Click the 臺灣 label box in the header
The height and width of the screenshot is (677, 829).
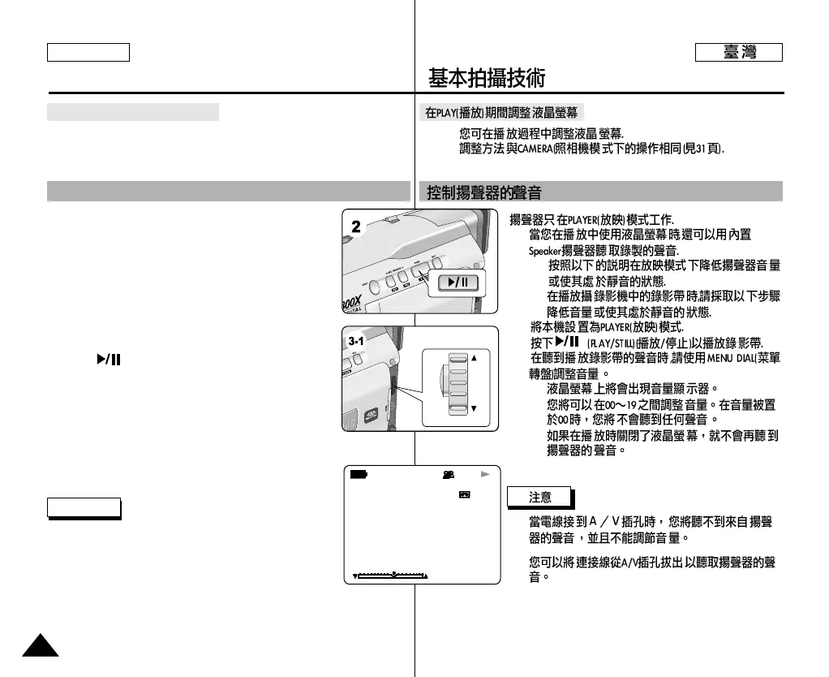739,53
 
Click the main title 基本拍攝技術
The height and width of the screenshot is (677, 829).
487,79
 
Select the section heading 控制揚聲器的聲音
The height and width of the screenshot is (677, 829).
484,193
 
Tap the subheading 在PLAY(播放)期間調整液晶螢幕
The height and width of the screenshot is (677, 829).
503,113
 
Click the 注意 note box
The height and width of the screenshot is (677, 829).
539,497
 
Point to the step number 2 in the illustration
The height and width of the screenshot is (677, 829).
355,228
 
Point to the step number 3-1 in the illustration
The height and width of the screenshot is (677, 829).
355,342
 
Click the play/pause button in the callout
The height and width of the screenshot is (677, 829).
458,282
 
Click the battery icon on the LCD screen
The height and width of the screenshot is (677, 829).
358,473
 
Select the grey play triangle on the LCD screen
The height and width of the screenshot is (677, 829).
486,472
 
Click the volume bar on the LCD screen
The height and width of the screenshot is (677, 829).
391,576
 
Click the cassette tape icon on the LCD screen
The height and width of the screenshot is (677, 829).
465,494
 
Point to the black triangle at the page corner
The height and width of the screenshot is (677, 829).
40,646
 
